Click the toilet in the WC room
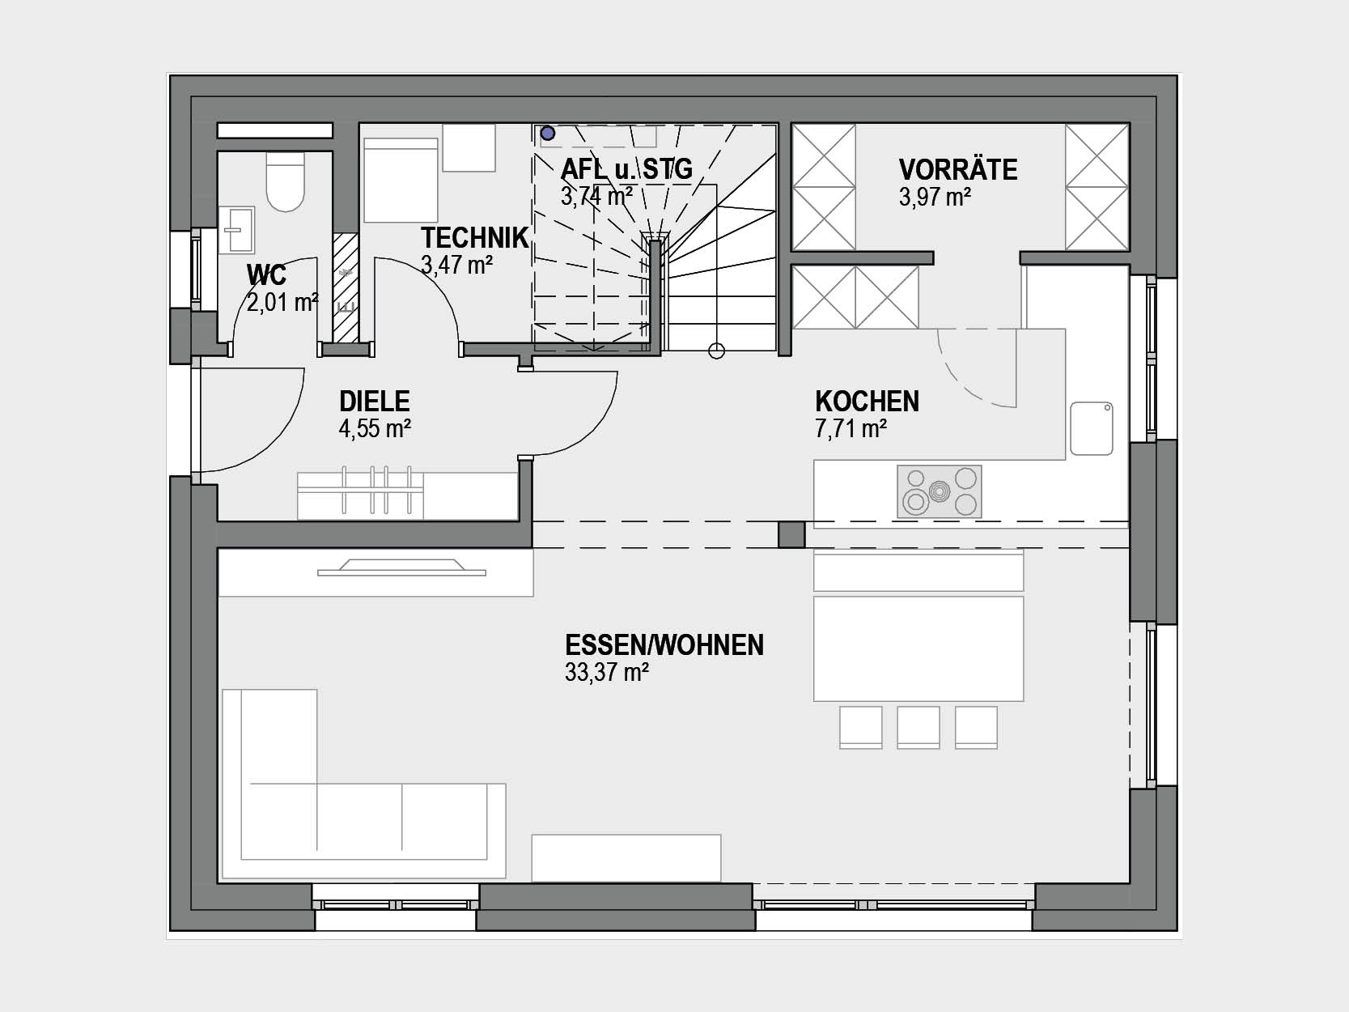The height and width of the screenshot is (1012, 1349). coord(285,182)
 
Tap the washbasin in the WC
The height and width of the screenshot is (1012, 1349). coord(236,230)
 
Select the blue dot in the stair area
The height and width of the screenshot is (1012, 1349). coord(547,133)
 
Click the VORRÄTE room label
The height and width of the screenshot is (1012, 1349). coord(957,170)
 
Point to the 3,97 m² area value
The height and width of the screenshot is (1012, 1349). coord(935,198)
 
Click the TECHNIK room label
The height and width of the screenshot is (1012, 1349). coord(474,238)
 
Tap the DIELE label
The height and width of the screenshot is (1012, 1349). coord(375,402)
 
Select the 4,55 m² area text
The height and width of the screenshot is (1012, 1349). coord(375,428)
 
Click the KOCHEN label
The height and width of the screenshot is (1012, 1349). coord(868,402)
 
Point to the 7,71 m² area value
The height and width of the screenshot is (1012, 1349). coord(851,428)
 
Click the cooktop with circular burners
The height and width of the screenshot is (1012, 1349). coord(939,491)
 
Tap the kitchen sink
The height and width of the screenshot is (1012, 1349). coord(1092,428)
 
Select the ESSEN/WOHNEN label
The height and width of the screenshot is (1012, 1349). coord(664,645)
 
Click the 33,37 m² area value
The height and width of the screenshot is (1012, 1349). coord(607,673)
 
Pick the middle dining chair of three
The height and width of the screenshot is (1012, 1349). coord(918,727)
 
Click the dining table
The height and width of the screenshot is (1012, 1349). coord(918,648)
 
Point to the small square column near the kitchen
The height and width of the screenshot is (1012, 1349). coord(791,535)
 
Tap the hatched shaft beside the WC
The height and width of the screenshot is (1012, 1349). coord(346,287)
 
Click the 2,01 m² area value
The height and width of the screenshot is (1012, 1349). coord(282,303)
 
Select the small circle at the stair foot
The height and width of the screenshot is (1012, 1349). coord(716,351)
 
